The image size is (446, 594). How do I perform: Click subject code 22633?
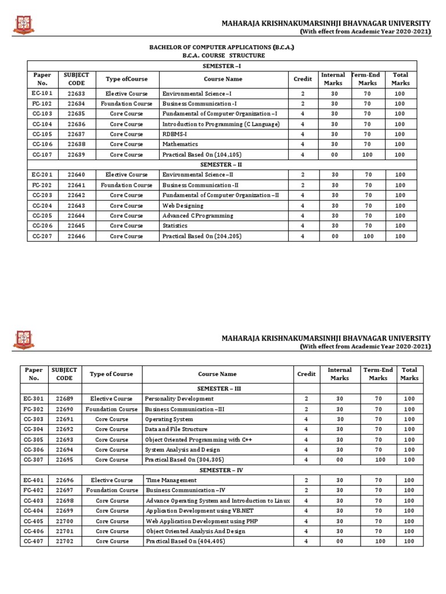(76, 93)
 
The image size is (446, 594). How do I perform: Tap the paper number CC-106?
(42, 144)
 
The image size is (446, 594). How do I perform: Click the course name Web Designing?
(183, 205)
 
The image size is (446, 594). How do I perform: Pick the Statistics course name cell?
(175, 226)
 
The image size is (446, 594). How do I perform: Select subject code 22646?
(76, 236)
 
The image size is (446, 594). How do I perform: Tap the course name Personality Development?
(179, 399)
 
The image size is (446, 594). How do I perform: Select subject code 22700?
(64, 521)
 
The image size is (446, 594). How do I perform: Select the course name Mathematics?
(180, 144)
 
